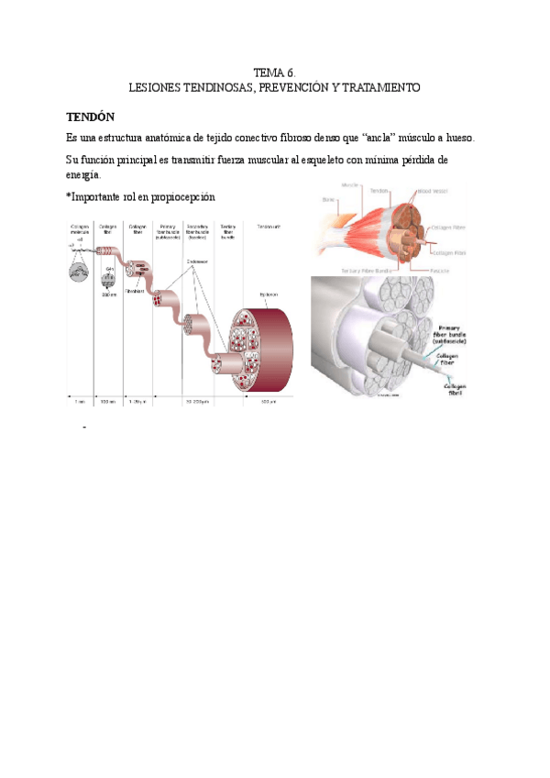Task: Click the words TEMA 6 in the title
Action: [x=274, y=72]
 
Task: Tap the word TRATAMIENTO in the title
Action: [x=379, y=87]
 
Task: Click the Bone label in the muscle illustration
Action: [x=326, y=199]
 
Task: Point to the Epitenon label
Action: [x=269, y=294]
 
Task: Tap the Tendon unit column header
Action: [x=269, y=226]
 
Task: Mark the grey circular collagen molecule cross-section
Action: [x=82, y=273]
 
